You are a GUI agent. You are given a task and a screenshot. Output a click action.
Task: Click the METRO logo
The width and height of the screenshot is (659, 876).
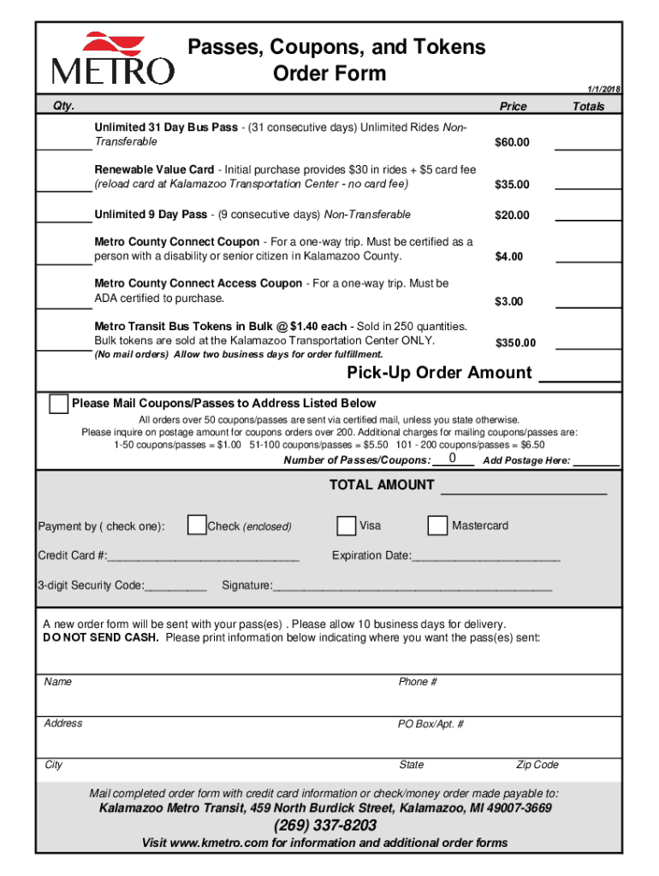tap(112, 58)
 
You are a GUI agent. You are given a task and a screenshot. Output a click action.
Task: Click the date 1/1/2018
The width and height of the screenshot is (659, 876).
tap(603, 90)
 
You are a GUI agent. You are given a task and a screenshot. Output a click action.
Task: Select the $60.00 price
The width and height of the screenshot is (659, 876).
tap(513, 142)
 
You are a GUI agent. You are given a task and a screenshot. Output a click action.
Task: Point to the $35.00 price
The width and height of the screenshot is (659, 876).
tap(513, 185)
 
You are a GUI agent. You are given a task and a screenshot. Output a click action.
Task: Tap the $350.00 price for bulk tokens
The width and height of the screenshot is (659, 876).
tap(516, 343)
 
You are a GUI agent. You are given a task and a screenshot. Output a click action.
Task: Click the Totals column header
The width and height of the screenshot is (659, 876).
tap(588, 107)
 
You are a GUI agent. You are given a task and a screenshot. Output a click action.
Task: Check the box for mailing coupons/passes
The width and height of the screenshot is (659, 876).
tap(58, 404)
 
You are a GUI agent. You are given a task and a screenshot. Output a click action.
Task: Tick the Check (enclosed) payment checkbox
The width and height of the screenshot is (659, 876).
tap(196, 525)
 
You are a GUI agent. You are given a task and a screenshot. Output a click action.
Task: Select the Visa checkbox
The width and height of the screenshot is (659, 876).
tap(346, 525)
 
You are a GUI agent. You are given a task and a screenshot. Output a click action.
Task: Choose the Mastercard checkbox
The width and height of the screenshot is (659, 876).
tap(437, 525)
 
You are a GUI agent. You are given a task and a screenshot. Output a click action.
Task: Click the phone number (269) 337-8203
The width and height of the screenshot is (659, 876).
tap(325, 826)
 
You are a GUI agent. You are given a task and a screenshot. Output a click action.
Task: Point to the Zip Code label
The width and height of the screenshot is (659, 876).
tap(537, 765)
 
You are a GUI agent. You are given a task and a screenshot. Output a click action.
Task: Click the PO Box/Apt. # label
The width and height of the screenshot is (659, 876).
tap(430, 724)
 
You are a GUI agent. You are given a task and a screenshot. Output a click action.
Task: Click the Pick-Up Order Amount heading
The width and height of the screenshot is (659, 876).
tap(439, 373)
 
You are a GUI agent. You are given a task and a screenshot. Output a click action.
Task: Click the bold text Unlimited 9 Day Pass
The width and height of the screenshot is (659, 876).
tap(151, 215)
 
